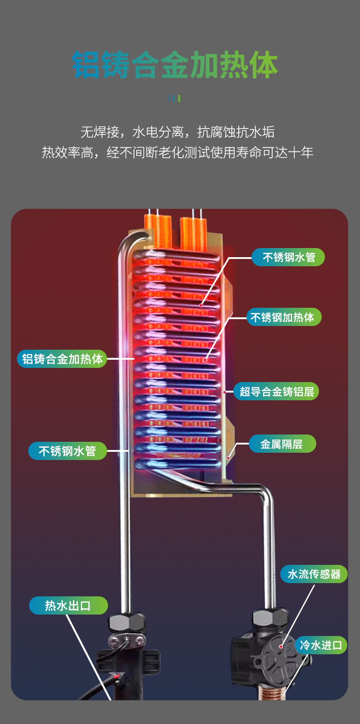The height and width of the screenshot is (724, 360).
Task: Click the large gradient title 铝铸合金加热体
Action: tap(175, 65)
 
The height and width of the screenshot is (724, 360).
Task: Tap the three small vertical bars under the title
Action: tap(175, 98)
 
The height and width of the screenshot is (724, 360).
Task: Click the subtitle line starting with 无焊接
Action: tap(177, 132)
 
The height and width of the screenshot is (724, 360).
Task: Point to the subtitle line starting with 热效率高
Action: tap(177, 152)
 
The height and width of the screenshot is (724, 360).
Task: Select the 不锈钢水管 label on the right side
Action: tap(288, 257)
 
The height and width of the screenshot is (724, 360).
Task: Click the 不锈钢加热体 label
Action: tap(284, 317)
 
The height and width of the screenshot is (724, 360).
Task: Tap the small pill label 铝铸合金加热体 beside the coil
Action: tap(62, 359)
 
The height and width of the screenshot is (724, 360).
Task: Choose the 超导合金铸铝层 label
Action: tap(276, 392)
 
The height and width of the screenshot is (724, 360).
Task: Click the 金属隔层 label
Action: tap(283, 444)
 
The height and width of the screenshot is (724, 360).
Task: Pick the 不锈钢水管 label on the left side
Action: tap(67, 451)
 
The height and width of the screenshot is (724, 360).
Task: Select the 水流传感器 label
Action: tap(314, 574)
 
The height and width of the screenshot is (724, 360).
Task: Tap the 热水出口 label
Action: tap(68, 606)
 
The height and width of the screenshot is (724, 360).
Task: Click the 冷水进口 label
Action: tap(321, 646)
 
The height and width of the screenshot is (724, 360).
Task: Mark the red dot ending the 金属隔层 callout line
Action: tap(228, 458)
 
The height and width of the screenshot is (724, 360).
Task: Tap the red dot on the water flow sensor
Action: tap(281, 646)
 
